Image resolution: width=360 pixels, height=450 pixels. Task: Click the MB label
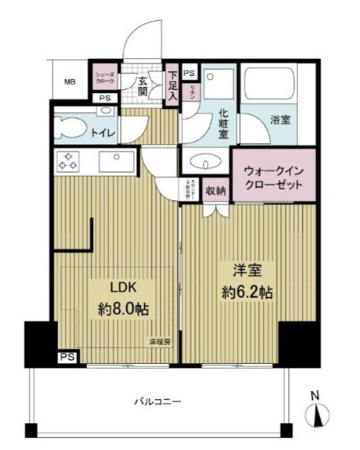pyautogui.click(x=69, y=81)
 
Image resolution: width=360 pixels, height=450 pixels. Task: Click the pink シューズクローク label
pyautogui.click(x=106, y=78)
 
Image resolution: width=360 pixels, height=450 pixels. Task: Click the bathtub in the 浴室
pyautogui.click(x=277, y=87)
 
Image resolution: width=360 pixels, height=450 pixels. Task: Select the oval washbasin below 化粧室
pyautogui.click(x=205, y=164)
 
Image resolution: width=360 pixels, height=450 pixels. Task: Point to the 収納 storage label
pyautogui.click(x=216, y=191)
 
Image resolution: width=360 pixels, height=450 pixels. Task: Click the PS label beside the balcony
pyautogui.click(x=68, y=358)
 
